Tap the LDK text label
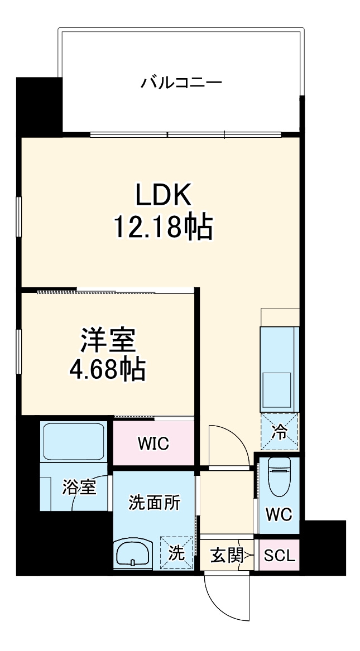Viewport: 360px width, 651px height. pyautogui.click(x=163, y=195)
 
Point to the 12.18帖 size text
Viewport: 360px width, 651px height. pyautogui.click(x=163, y=227)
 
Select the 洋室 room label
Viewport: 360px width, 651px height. pyautogui.click(x=108, y=341)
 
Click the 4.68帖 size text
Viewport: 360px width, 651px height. pyautogui.click(x=108, y=369)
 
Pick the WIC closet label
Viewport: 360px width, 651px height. pyautogui.click(x=153, y=445)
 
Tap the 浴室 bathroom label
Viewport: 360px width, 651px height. pyautogui.click(x=79, y=487)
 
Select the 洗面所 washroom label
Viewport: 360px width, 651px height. pyautogui.click(x=155, y=503)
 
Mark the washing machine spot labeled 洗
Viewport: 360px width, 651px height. pyautogui.click(x=176, y=553)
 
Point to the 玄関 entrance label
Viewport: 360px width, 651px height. pyautogui.click(x=227, y=556)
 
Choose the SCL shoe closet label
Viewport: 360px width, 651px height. pyautogui.click(x=279, y=556)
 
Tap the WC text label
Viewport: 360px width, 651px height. pyautogui.click(x=279, y=514)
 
